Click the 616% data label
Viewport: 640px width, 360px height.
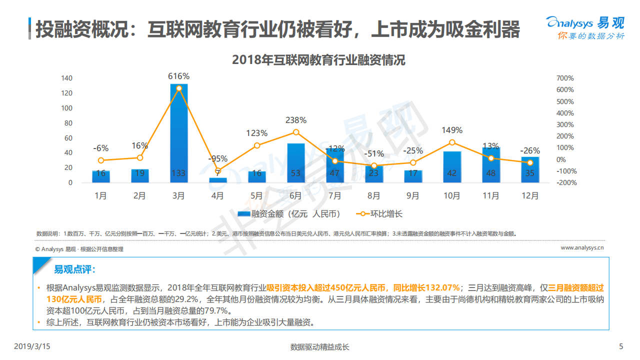178,76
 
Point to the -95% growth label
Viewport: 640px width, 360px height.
217,159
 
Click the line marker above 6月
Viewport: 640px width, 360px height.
296,132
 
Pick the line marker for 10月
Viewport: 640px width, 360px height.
452,142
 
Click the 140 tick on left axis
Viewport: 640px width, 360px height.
67,78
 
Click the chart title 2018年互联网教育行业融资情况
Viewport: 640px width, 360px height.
318,60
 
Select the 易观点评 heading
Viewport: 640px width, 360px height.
74,270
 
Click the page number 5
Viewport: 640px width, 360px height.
621,346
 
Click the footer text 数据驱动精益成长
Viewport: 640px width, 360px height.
319,347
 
